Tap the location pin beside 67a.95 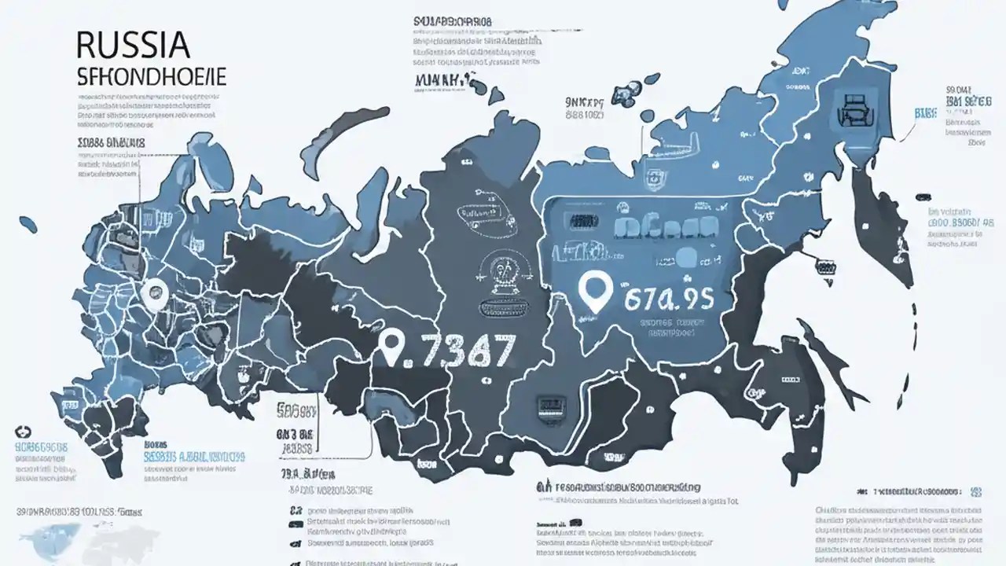[593, 292]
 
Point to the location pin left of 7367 [391, 347]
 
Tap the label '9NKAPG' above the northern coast [584, 102]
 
